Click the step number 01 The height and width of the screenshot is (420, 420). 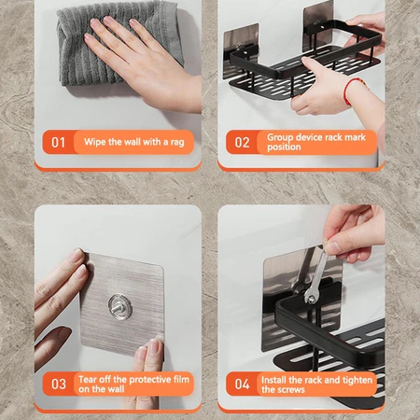pyautogui.click(x=58, y=143)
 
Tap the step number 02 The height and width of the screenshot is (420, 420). pyautogui.click(x=242, y=143)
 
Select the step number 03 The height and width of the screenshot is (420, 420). pyautogui.click(x=59, y=384)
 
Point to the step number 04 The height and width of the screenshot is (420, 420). pyautogui.click(x=242, y=384)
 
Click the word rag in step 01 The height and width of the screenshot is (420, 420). pyautogui.click(x=177, y=143)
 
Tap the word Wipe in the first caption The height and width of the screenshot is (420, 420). pyautogui.click(x=95, y=142)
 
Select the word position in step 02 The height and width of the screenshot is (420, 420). pyautogui.click(x=284, y=147)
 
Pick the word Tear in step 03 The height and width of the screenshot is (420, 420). pyautogui.click(x=88, y=379)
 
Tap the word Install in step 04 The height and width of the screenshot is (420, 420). pyautogui.click(x=273, y=380)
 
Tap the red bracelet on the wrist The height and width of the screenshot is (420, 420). pyautogui.click(x=349, y=91)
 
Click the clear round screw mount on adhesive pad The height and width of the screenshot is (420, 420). pyautogui.click(x=120, y=307)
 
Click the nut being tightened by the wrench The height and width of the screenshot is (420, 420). pyautogui.click(x=311, y=299)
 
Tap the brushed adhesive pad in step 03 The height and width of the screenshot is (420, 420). pyautogui.click(x=122, y=305)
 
